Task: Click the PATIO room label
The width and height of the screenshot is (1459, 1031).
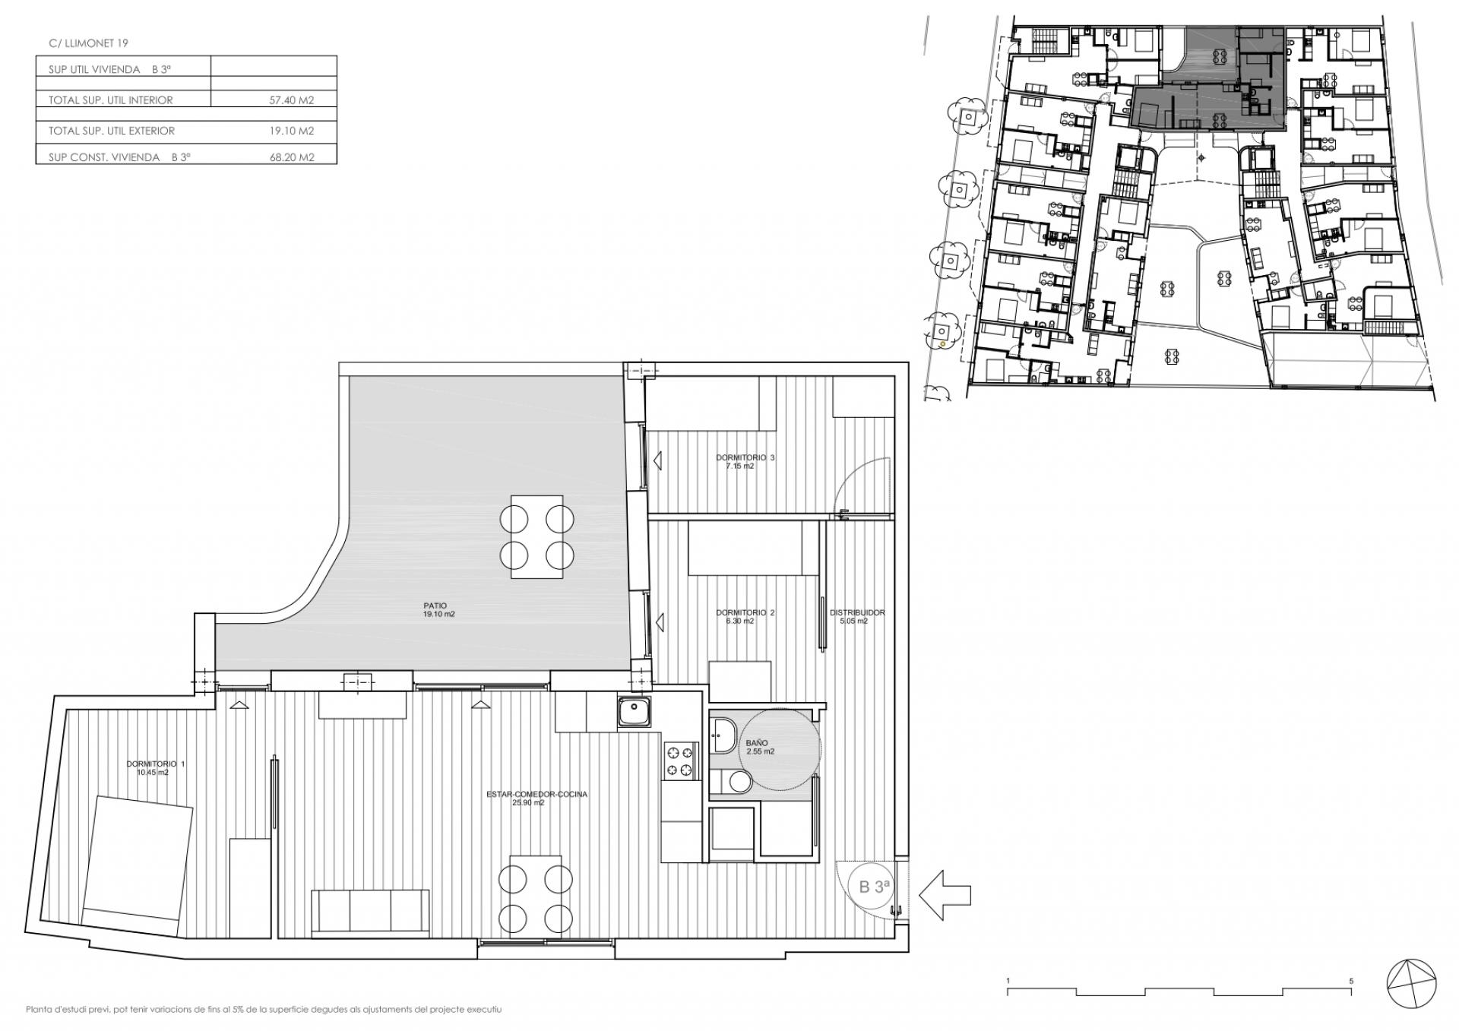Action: [435, 606]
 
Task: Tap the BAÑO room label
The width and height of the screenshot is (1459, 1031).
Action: [757, 743]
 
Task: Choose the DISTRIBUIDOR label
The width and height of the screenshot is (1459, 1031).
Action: [857, 612]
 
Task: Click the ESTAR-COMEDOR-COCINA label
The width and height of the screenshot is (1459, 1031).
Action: [537, 794]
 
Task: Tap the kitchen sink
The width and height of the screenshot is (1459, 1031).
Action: [633, 712]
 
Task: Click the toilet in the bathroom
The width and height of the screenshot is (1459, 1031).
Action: [733, 780]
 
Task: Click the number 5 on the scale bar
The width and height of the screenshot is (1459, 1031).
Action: [1351, 981]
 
